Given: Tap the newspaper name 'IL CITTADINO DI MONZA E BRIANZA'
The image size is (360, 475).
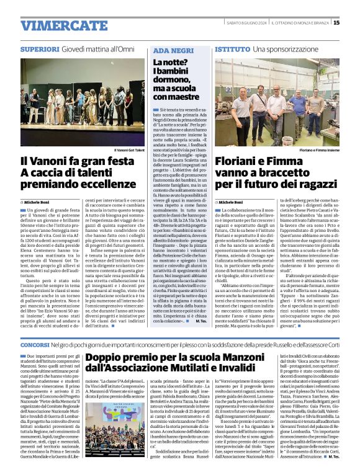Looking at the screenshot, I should click(299, 23).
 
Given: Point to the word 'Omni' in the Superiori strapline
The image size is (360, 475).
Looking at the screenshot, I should click(126, 48).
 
